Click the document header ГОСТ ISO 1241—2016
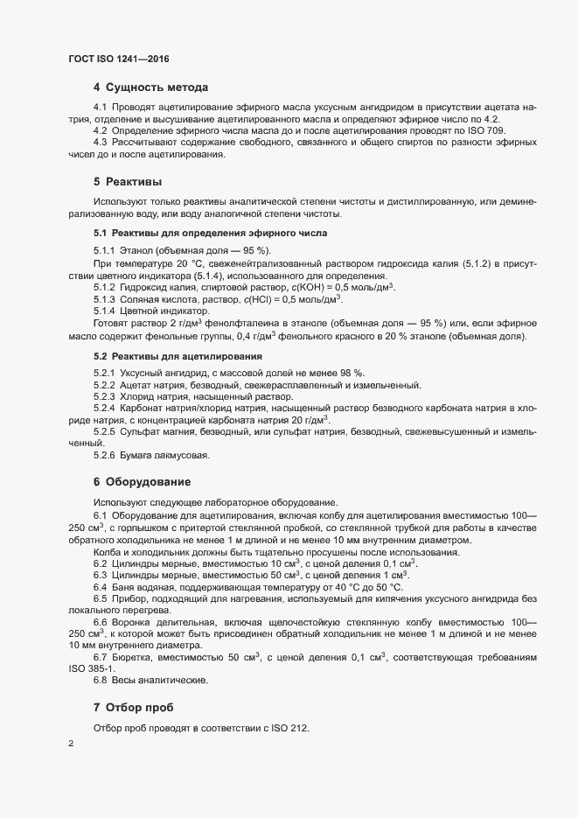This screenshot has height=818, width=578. [118, 59]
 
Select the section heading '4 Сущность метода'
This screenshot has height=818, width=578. [150, 87]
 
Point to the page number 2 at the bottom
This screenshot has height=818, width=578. [70, 745]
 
